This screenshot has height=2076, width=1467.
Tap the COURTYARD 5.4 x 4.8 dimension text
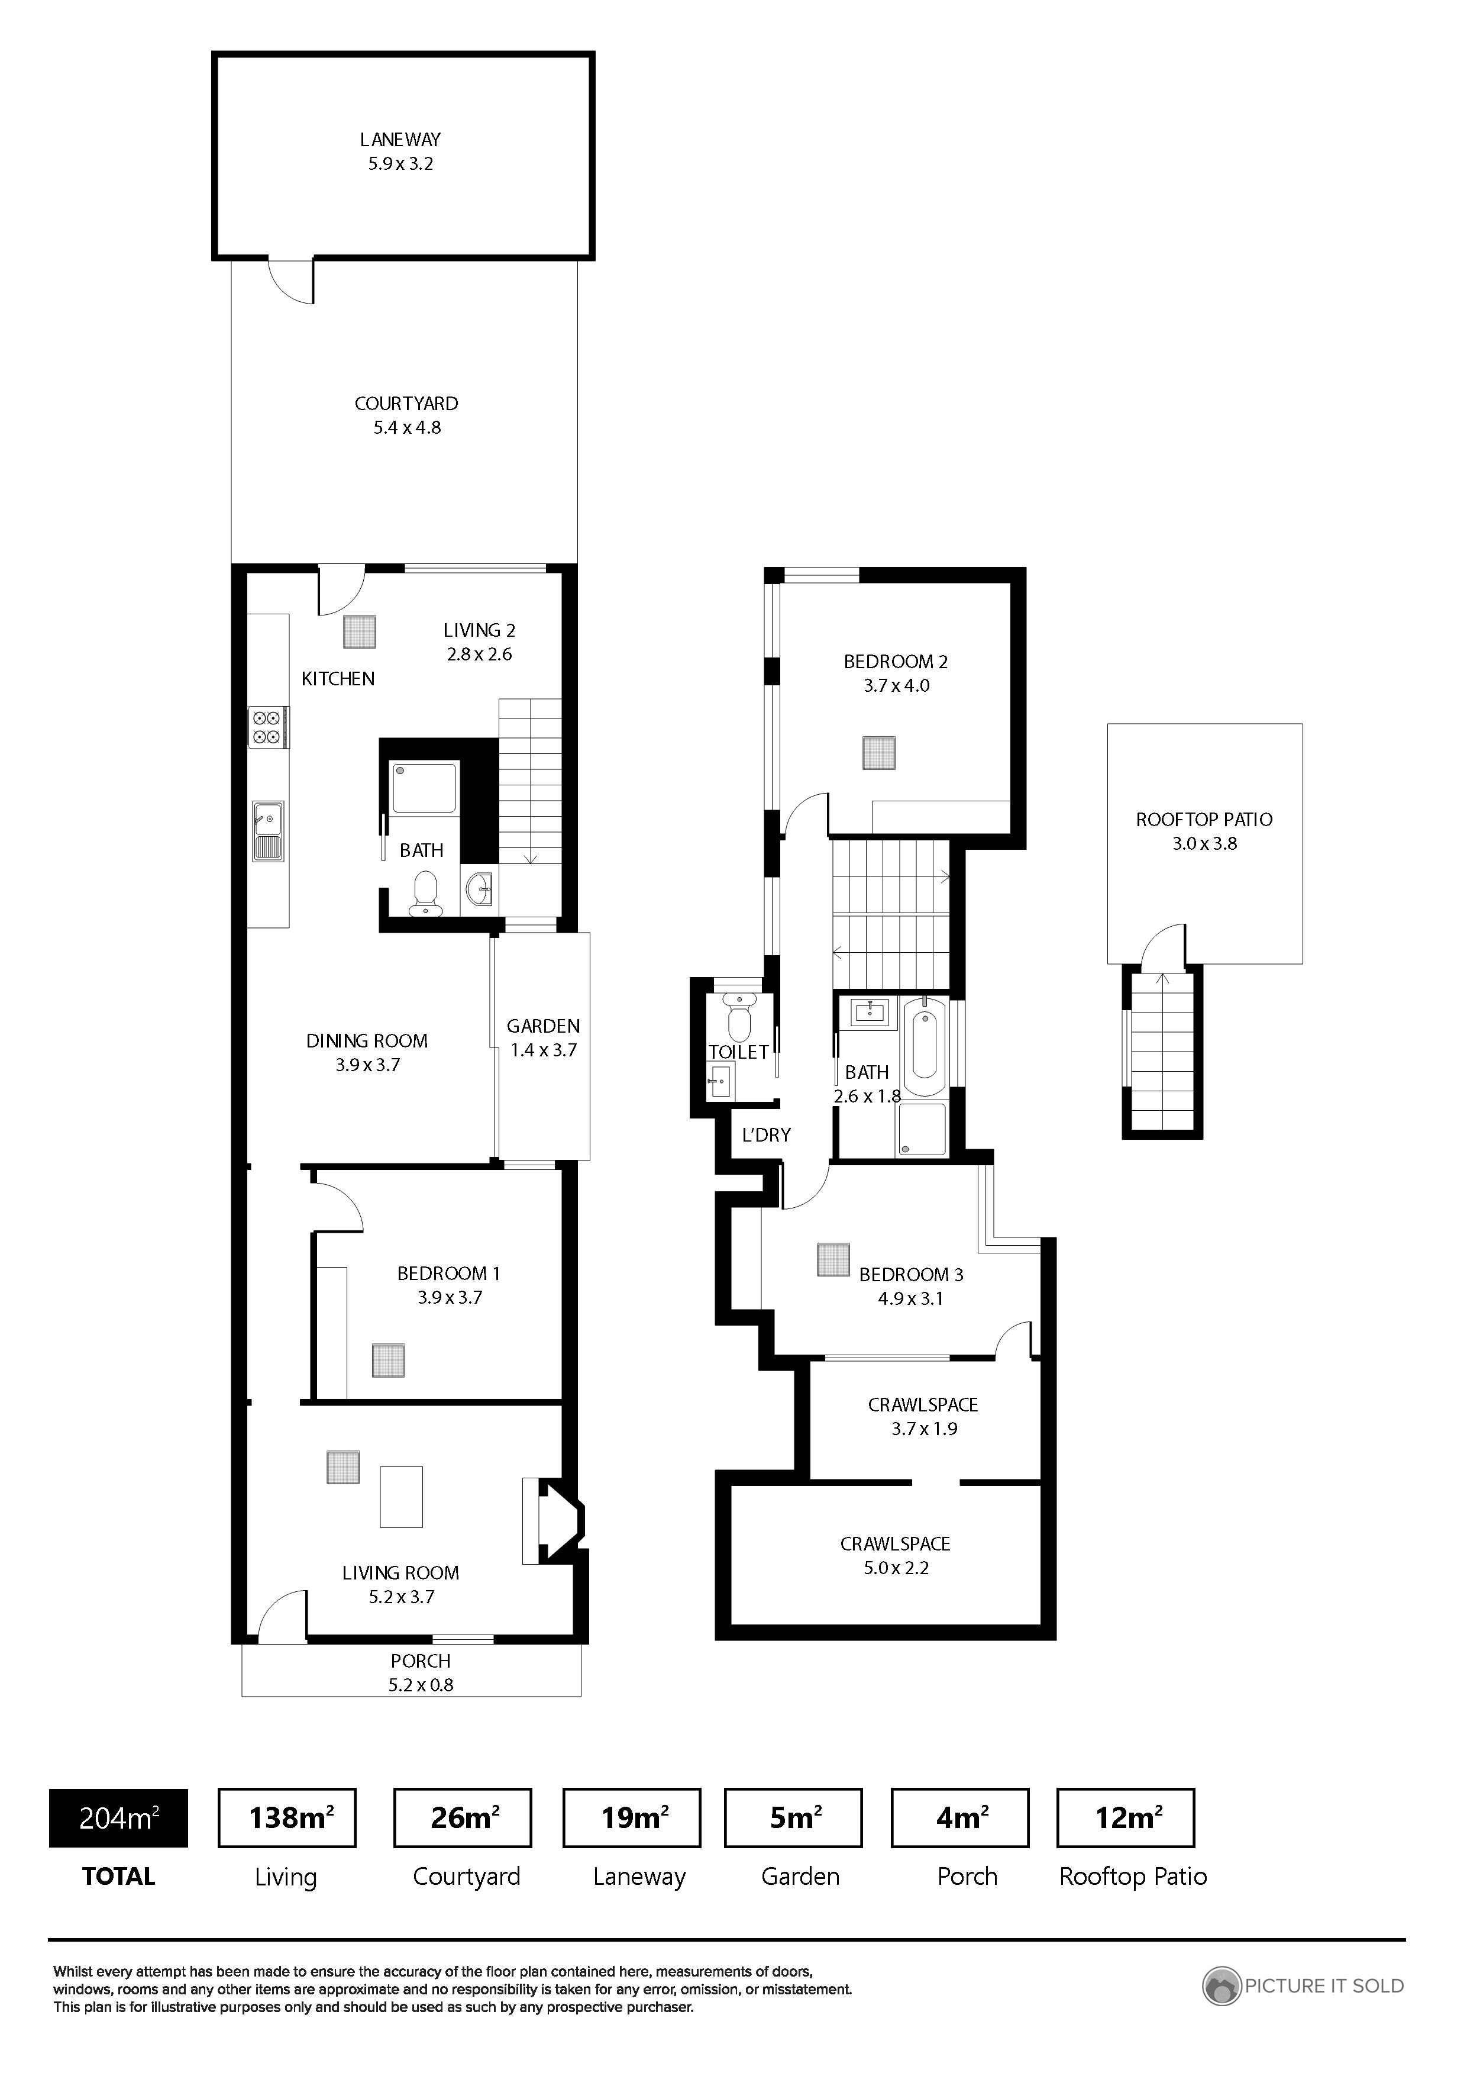(407, 428)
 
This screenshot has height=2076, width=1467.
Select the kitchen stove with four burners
(269, 727)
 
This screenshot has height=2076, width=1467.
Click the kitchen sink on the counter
(269, 831)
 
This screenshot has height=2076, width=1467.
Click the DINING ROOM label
(367, 1041)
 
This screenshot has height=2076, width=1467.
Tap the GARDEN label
(543, 1026)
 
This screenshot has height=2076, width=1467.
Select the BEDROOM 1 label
(448, 1273)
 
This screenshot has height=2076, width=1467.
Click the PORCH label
(421, 1661)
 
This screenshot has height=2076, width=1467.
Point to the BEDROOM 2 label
(896, 662)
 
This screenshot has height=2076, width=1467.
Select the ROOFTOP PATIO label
(1204, 819)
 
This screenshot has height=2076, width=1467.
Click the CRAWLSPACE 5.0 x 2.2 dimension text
(896, 1568)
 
